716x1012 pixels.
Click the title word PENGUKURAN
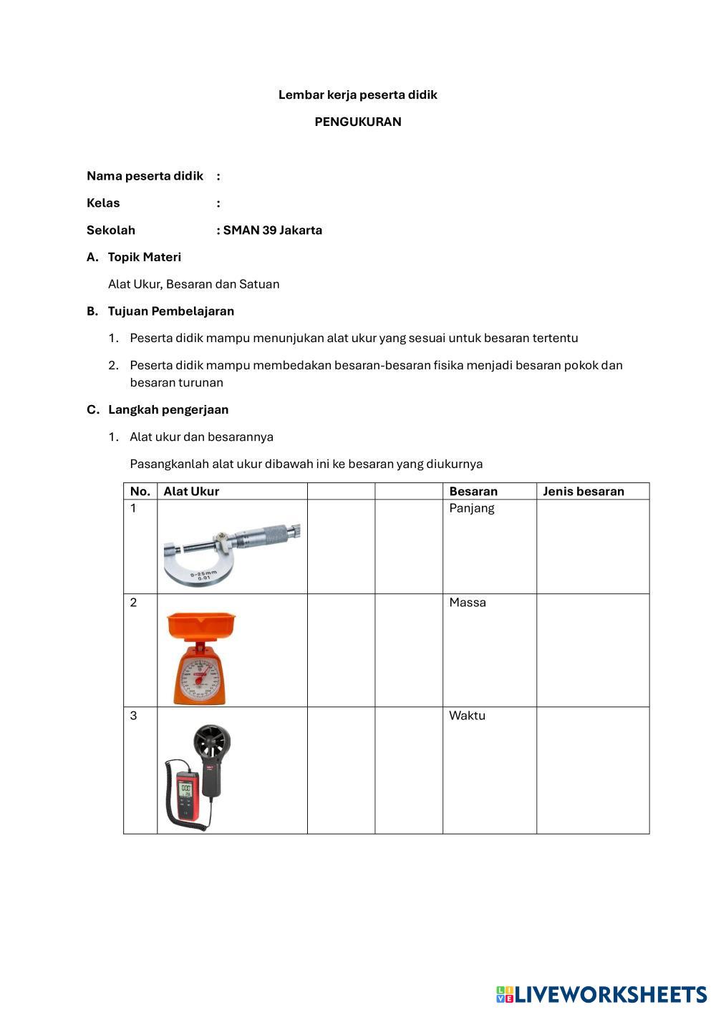click(358, 122)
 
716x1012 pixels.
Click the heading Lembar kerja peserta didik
click(357, 94)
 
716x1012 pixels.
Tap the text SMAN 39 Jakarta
click(272, 230)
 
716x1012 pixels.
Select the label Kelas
click(103, 203)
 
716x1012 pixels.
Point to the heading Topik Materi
click(144, 257)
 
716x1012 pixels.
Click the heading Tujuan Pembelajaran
click(170, 311)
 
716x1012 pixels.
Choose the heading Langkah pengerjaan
click(168, 410)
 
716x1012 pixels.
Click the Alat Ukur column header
click(191, 492)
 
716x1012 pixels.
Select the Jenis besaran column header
click(583, 492)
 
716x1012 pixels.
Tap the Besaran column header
click(473, 492)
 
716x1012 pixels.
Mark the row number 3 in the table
click(133, 716)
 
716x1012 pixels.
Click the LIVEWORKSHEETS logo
click(601, 994)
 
